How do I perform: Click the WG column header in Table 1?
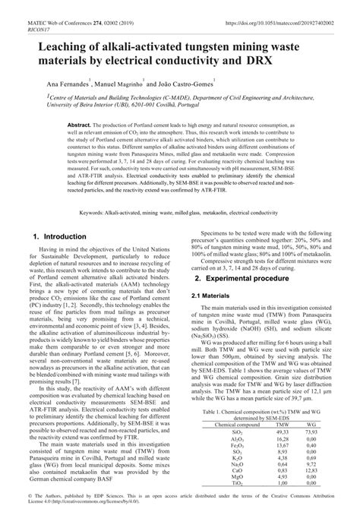point(311,424)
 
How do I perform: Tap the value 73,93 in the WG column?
point(311,432)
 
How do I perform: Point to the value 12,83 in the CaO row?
point(311,470)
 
